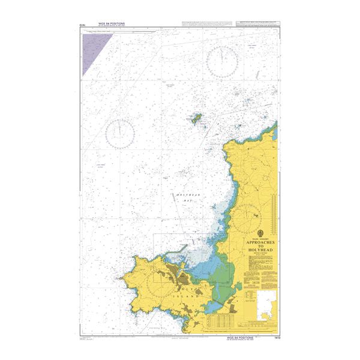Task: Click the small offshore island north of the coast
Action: tap(196, 119)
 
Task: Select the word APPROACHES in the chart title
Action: tap(261, 244)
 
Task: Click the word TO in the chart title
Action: tap(261, 250)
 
